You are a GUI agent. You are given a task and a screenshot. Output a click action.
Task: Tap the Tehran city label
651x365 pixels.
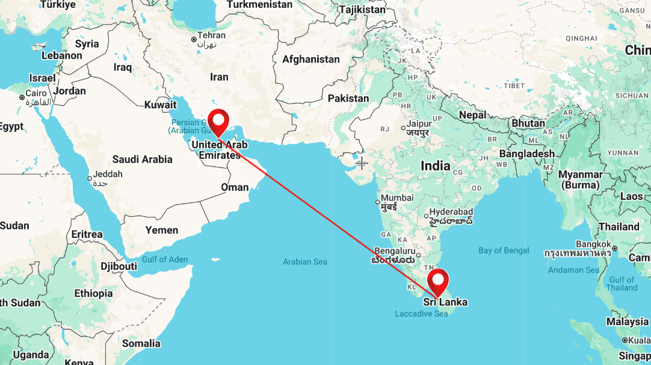(x=211, y=36)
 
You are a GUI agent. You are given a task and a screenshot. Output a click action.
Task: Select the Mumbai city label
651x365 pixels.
(x=396, y=198)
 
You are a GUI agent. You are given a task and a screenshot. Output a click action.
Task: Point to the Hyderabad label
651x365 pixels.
(x=450, y=212)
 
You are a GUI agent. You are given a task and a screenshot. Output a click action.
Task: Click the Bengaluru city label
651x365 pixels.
(x=394, y=251)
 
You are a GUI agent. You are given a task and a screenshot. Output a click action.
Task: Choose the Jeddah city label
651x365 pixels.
(x=108, y=174)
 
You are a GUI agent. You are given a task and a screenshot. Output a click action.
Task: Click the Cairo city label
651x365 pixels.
(x=35, y=93)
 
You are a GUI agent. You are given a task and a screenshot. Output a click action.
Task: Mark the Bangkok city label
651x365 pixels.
(x=593, y=245)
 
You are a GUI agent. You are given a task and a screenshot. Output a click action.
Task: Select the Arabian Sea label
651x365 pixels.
(x=305, y=261)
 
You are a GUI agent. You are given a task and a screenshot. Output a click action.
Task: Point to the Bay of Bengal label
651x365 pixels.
(x=504, y=251)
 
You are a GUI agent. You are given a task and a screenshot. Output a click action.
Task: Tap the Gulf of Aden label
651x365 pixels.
(x=165, y=260)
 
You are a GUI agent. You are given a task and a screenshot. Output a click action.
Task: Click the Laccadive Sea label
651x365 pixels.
(x=421, y=314)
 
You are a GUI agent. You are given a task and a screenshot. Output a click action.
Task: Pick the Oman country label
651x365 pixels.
(x=235, y=187)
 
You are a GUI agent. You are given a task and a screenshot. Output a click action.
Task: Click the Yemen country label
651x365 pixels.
(x=162, y=229)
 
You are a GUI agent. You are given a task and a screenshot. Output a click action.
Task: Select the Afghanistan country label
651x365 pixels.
(x=311, y=59)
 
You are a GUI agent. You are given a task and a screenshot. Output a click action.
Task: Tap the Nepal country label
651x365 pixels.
(x=472, y=114)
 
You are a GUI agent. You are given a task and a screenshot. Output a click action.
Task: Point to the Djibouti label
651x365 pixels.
(x=119, y=266)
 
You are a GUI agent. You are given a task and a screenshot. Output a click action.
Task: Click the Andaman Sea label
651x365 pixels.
(x=573, y=270)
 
